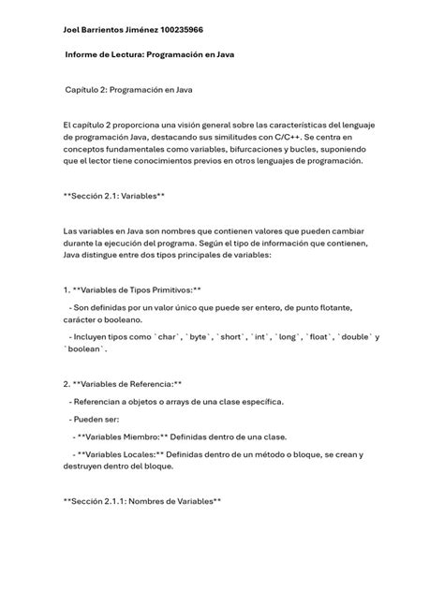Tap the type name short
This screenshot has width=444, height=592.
tap(233, 336)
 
